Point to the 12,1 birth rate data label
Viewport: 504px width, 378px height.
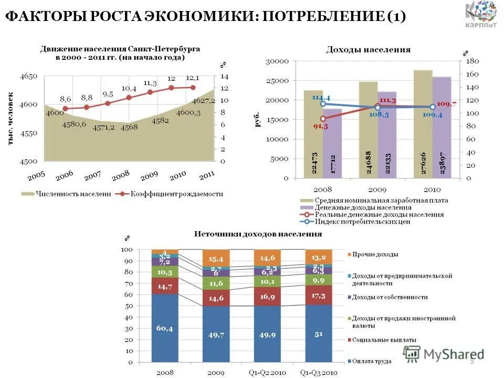192,78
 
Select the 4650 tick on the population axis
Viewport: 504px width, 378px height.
29,76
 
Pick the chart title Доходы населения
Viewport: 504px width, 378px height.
368,49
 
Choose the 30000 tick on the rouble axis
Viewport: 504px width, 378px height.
278,61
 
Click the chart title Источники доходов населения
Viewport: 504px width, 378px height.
258,234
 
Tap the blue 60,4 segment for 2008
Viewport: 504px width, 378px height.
165,328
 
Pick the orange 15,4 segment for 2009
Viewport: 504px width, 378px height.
216,258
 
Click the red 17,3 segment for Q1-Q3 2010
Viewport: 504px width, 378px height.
319,295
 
